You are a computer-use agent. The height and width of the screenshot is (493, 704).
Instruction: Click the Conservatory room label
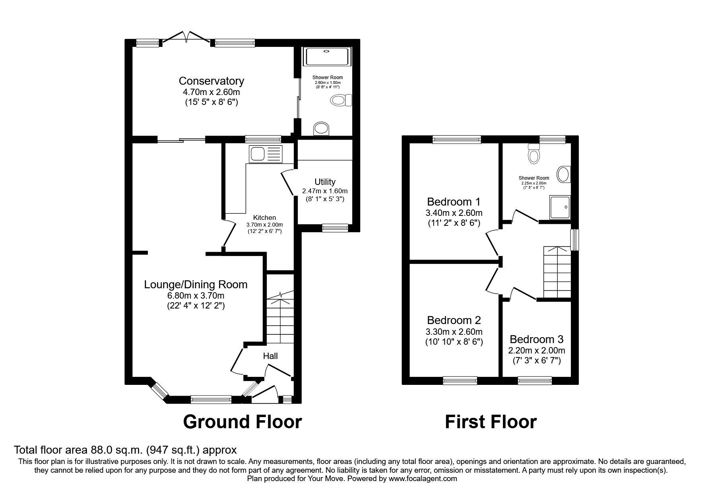coord(211,81)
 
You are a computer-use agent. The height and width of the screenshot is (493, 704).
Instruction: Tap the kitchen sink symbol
coord(266,153)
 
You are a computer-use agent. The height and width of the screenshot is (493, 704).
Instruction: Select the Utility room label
coord(325,182)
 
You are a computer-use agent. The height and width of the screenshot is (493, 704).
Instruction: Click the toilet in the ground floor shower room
coord(341,100)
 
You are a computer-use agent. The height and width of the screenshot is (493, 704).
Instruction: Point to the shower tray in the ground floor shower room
coord(327,56)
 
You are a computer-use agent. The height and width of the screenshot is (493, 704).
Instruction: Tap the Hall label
coord(270,356)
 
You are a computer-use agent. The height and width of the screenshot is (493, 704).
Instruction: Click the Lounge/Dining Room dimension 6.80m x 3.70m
coord(196,296)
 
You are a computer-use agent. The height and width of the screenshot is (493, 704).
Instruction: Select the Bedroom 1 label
coord(454,201)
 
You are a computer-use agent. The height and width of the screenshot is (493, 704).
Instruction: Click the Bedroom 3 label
coord(536,340)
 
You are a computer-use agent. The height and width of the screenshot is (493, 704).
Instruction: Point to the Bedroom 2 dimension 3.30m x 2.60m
coord(454,332)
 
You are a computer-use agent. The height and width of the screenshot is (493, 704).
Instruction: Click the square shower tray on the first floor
coord(560,207)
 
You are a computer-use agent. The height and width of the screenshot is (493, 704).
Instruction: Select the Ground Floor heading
coord(242,422)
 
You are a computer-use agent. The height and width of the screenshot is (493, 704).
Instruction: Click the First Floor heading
coord(491,422)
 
